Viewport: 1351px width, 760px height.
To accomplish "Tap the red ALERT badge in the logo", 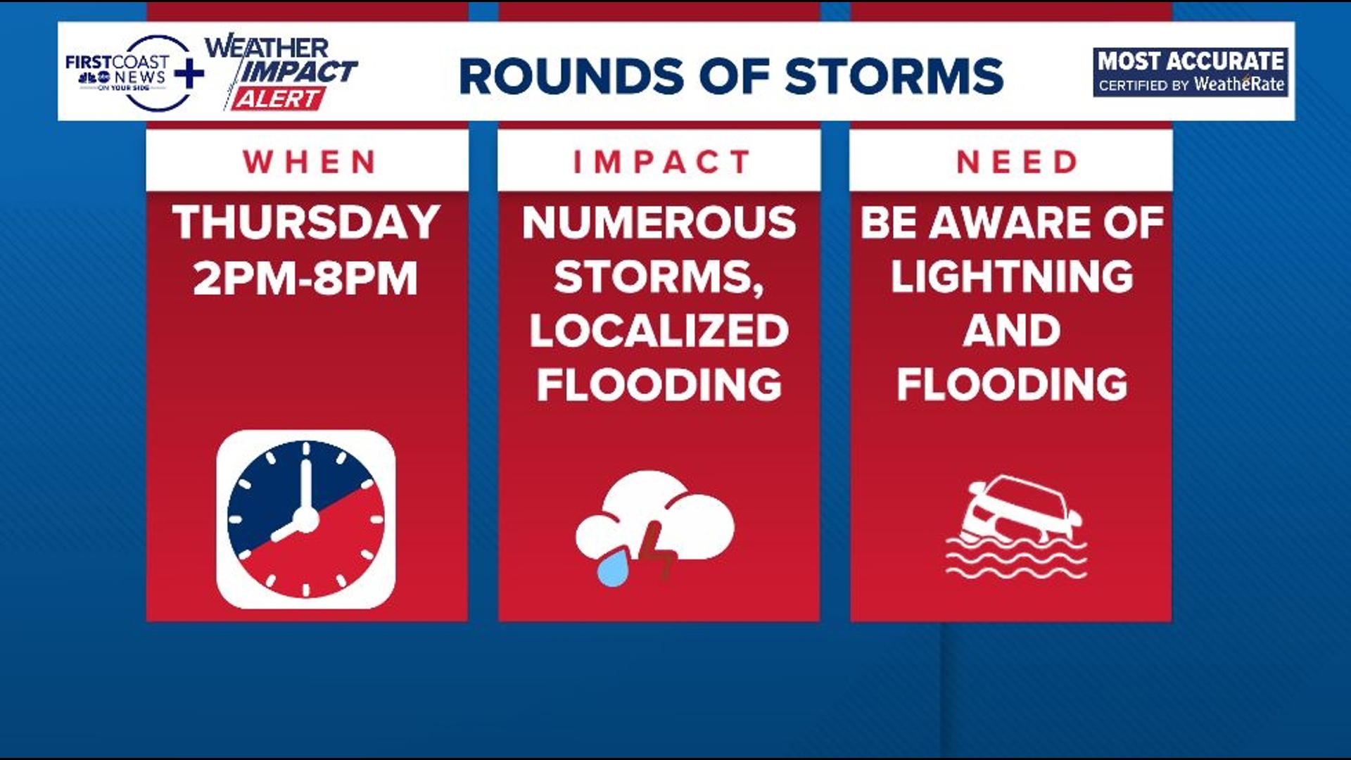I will pyautogui.click(x=279, y=99).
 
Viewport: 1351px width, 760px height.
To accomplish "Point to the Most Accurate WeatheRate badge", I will pyautogui.click(x=1191, y=72).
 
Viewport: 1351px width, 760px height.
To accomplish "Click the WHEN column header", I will pyautogui.click(x=308, y=163).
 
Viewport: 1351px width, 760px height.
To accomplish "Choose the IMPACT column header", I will pyautogui.click(x=660, y=163).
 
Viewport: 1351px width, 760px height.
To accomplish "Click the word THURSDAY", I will pyautogui.click(x=307, y=223).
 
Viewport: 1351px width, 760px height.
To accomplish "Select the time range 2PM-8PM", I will pyautogui.click(x=305, y=278).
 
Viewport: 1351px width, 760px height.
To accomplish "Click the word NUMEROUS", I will pyautogui.click(x=659, y=223).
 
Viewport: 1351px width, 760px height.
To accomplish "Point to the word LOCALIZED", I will pyautogui.click(x=659, y=331).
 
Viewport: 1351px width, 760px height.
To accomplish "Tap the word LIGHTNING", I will pyautogui.click(x=1012, y=277).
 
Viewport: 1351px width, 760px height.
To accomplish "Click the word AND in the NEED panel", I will pyautogui.click(x=1012, y=331).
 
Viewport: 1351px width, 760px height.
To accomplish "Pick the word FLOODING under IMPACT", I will pyautogui.click(x=659, y=385).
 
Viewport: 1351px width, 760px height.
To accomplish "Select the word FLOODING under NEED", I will pyautogui.click(x=1012, y=385).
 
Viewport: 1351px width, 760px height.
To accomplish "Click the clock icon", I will pyautogui.click(x=306, y=519).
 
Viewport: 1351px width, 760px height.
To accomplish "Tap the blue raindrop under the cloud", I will pyautogui.click(x=614, y=568).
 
